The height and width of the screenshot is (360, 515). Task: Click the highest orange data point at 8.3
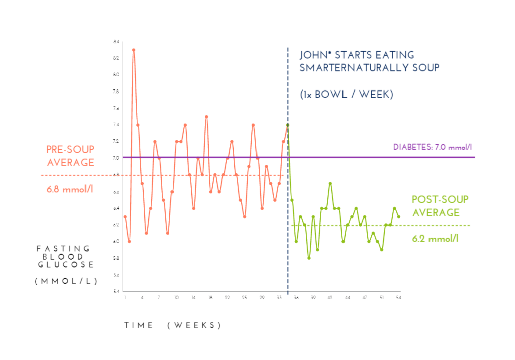133,50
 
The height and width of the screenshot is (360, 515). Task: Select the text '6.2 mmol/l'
435,239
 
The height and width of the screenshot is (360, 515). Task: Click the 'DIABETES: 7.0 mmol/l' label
434,147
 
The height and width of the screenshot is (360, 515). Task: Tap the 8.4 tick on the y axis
116,42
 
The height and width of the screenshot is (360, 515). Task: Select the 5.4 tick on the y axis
116,292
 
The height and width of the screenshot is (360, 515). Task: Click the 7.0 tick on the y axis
116,158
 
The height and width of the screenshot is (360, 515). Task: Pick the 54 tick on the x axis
398,298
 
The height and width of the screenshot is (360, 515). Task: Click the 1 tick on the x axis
125,298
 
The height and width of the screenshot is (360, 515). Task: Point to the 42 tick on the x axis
330,298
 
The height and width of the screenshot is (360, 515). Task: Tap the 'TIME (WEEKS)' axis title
173,325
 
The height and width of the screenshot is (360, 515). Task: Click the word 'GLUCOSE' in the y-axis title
65,264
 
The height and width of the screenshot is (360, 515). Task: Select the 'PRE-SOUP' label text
70,149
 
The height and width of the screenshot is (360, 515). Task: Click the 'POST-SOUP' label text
440,200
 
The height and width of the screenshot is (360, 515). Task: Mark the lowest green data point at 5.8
309,258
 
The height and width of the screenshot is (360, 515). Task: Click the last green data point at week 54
398,217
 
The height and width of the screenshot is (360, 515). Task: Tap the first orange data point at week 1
125,217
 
